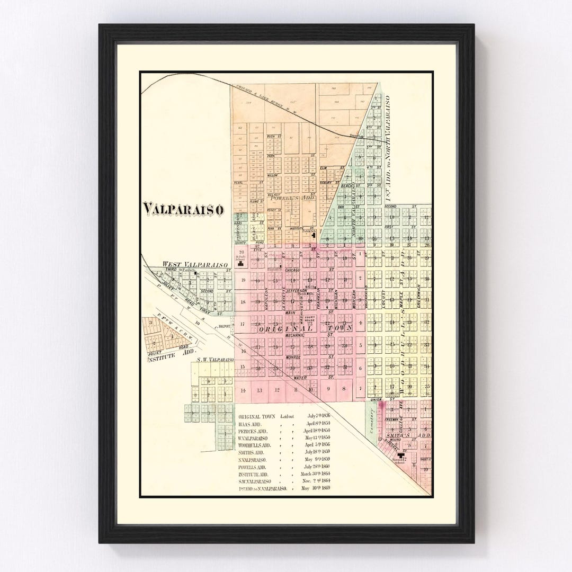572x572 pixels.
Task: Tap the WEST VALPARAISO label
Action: point(195,264)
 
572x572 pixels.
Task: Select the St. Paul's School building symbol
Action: point(241,263)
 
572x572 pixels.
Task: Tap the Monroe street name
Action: point(293,357)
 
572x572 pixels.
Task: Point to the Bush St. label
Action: point(274,136)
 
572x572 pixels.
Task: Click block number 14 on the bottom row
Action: point(243,390)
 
